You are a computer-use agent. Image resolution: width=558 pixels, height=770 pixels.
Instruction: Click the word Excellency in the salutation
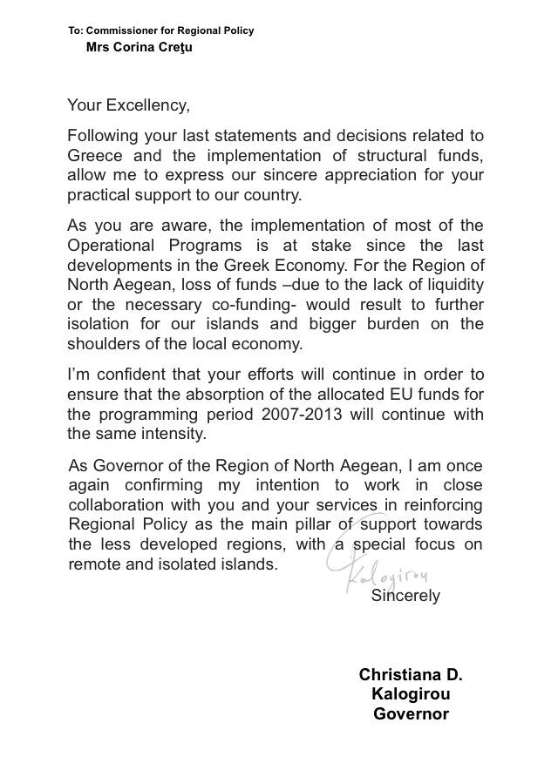[x=146, y=106]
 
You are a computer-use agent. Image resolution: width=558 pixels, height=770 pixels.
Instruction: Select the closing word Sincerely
[x=405, y=597]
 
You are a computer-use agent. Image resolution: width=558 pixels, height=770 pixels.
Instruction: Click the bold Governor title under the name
[x=411, y=714]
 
